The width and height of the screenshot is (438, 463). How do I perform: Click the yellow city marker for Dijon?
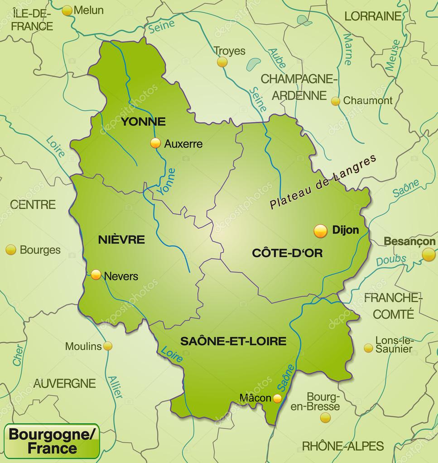pos(320,231)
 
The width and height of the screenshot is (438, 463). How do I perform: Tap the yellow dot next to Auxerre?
pos(155,143)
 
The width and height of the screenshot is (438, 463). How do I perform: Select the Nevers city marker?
pos(96,274)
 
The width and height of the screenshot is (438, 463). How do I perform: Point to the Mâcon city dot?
pos(277,398)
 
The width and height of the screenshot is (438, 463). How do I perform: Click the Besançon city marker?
pos(428,255)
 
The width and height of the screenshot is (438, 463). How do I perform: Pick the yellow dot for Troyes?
pos(222,62)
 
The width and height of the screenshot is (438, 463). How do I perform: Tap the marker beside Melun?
pos(67,10)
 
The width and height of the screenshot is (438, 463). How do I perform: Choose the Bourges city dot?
pos(11,250)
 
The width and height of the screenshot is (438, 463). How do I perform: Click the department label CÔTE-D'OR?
pos(287,253)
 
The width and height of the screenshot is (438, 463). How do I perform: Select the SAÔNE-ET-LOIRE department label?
pos(233,341)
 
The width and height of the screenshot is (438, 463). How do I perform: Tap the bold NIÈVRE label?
pos(121,240)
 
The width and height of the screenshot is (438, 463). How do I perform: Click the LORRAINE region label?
pos(373,16)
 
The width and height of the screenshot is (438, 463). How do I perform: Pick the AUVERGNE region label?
pos(64,383)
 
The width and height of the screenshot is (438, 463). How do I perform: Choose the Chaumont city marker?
pos(335,101)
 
